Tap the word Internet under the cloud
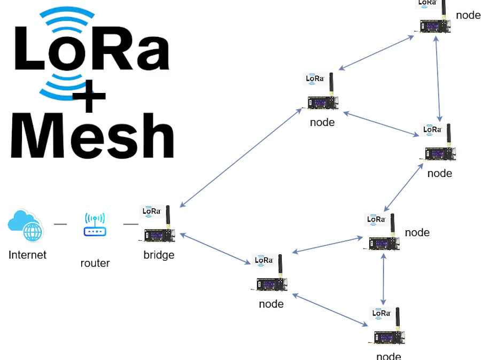[x=27, y=255]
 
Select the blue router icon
[x=95, y=225]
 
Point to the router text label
[x=95, y=263]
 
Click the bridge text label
[x=159, y=255]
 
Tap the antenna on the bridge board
[x=168, y=216]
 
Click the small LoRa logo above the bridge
[x=151, y=211]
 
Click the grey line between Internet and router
[x=60, y=224]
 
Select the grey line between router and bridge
[x=131, y=224]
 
